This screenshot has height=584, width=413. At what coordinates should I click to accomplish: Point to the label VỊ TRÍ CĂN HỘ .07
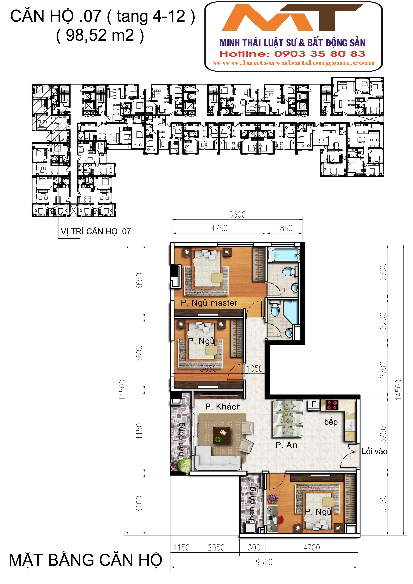96,232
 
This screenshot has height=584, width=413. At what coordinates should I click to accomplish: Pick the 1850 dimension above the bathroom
284,228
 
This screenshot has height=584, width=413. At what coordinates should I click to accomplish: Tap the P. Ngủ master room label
209,303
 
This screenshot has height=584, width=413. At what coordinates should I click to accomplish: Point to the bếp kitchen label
331,422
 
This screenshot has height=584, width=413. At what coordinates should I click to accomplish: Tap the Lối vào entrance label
374,451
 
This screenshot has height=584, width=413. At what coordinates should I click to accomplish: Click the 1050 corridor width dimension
255,369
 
